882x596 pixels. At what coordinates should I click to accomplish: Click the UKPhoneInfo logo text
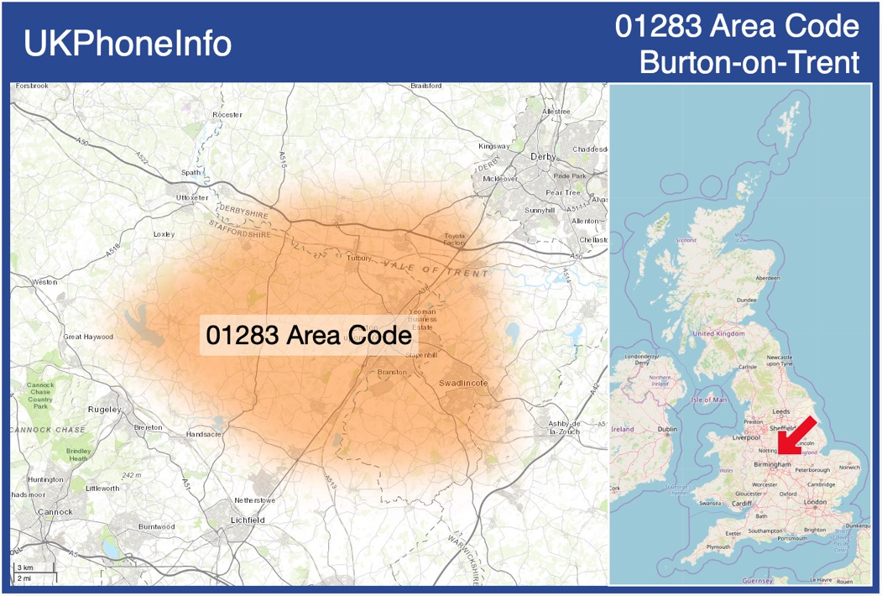(128, 44)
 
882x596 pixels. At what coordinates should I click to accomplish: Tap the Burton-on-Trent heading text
(749, 62)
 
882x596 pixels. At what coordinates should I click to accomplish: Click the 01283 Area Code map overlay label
(308, 336)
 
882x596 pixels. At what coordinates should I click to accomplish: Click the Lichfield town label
(248, 520)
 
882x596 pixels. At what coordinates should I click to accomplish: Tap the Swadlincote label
(463, 384)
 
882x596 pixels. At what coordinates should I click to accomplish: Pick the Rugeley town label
(105, 410)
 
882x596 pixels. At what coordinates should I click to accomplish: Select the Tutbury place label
(358, 259)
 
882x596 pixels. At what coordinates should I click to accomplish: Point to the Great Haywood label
(88, 337)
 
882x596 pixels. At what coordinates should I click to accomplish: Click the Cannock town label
(55, 512)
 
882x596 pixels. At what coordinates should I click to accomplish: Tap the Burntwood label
(156, 526)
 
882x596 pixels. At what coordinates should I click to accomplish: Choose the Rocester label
(227, 114)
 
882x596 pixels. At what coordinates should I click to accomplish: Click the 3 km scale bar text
(26, 568)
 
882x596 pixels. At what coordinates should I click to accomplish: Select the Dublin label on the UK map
(668, 429)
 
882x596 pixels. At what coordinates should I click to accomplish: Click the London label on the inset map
(815, 502)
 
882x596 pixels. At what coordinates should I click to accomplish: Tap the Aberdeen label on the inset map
(767, 278)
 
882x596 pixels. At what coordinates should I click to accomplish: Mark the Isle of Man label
(708, 400)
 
